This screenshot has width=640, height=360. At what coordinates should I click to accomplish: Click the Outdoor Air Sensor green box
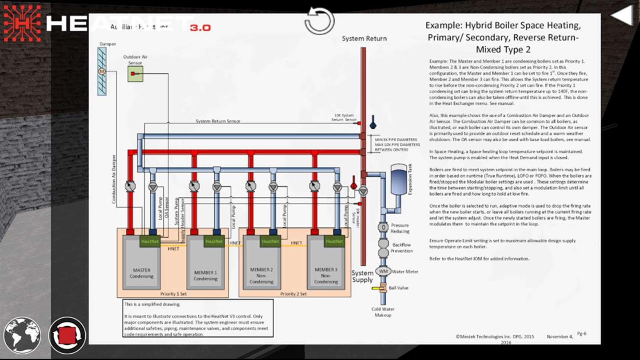pos(135,74)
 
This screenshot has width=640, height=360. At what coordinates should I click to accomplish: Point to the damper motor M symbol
pos(101,71)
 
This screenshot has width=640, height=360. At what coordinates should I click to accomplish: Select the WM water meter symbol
pos(383,271)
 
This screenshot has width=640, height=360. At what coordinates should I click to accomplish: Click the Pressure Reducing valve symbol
pos(383,227)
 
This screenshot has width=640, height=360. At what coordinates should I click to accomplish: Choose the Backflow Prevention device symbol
pos(383,248)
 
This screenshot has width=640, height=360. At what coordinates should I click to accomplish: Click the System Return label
pos(364,39)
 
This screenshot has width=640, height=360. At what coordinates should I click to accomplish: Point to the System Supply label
pos(363,276)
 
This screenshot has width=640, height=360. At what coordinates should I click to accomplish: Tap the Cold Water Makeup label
pos(383,312)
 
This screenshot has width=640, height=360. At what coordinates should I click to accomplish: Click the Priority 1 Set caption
pos(173,294)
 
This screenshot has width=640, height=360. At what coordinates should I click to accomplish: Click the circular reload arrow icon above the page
pos(320,20)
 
